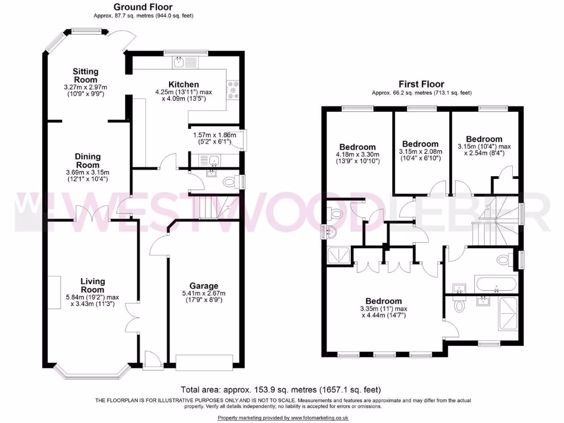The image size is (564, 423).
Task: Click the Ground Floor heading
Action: (138, 7)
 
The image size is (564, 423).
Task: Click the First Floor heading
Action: (421, 84)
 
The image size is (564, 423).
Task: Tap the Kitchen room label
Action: (184, 84)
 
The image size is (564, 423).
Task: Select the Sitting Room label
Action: (86, 76)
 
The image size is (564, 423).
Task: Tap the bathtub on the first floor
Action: (495, 285)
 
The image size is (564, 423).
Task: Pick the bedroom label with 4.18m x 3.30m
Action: (357, 147)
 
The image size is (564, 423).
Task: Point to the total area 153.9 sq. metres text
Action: (281, 389)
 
